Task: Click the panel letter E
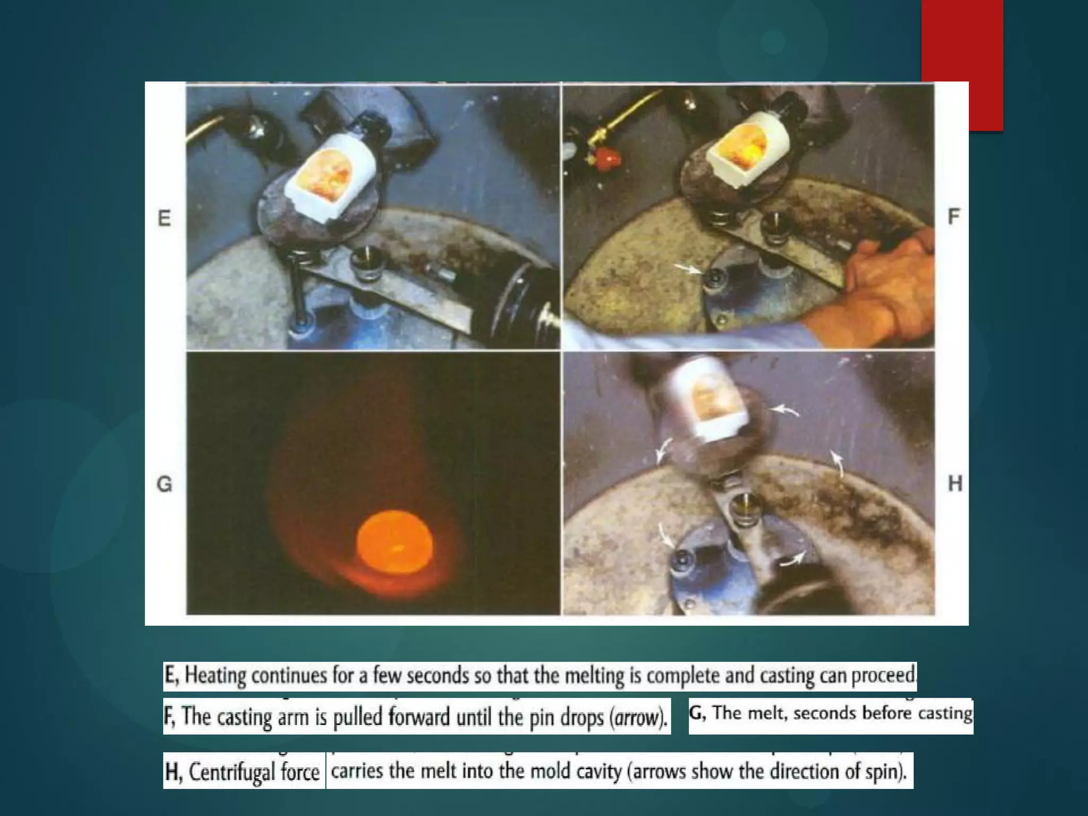164,218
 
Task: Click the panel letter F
954,217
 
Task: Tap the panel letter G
165,484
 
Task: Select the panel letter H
955,483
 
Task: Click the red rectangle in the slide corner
962,65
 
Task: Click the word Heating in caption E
215,676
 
